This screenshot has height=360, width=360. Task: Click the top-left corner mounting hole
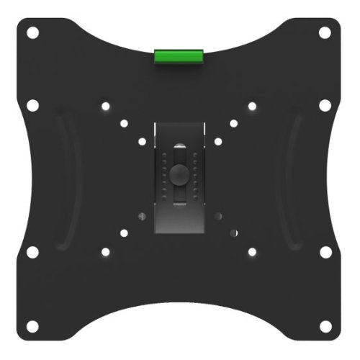pyautogui.click(x=33, y=32)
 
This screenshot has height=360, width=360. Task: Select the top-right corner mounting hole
pyautogui.click(x=325, y=32)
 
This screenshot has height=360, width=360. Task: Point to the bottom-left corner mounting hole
pyautogui.click(x=33, y=325)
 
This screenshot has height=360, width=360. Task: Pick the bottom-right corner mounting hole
pyautogui.click(x=325, y=325)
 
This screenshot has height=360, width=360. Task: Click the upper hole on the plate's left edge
pyautogui.click(x=33, y=106)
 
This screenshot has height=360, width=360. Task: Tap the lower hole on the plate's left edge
pyautogui.click(x=33, y=252)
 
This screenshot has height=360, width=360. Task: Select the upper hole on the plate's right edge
pyautogui.click(x=325, y=106)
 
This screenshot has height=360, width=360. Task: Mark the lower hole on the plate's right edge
pyautogui.click(x=325, y=252)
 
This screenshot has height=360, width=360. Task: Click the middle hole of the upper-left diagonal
pyautogui.click(x=124, y=123)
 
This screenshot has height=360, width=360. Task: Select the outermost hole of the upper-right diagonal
pyautogui.click(x=252, y=107)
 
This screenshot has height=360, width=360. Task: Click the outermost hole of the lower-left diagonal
pyautogui.click(x=106, y=252)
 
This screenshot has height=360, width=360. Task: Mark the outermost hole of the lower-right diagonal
pyautogui.click(x=252, y=252)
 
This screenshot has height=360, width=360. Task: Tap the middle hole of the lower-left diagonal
pyautogui.click(x=124, y=233)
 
